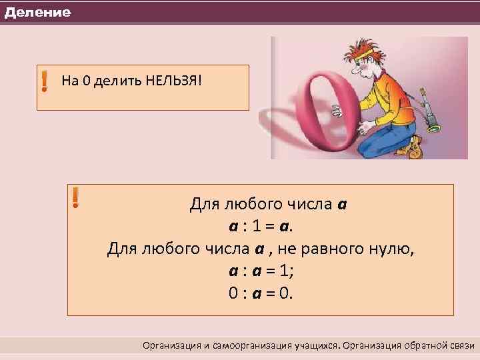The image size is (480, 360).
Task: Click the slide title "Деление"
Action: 37,13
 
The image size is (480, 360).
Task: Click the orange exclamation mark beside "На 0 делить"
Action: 44,81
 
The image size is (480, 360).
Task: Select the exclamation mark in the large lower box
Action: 75,197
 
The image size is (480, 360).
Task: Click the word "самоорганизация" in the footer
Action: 255,345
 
